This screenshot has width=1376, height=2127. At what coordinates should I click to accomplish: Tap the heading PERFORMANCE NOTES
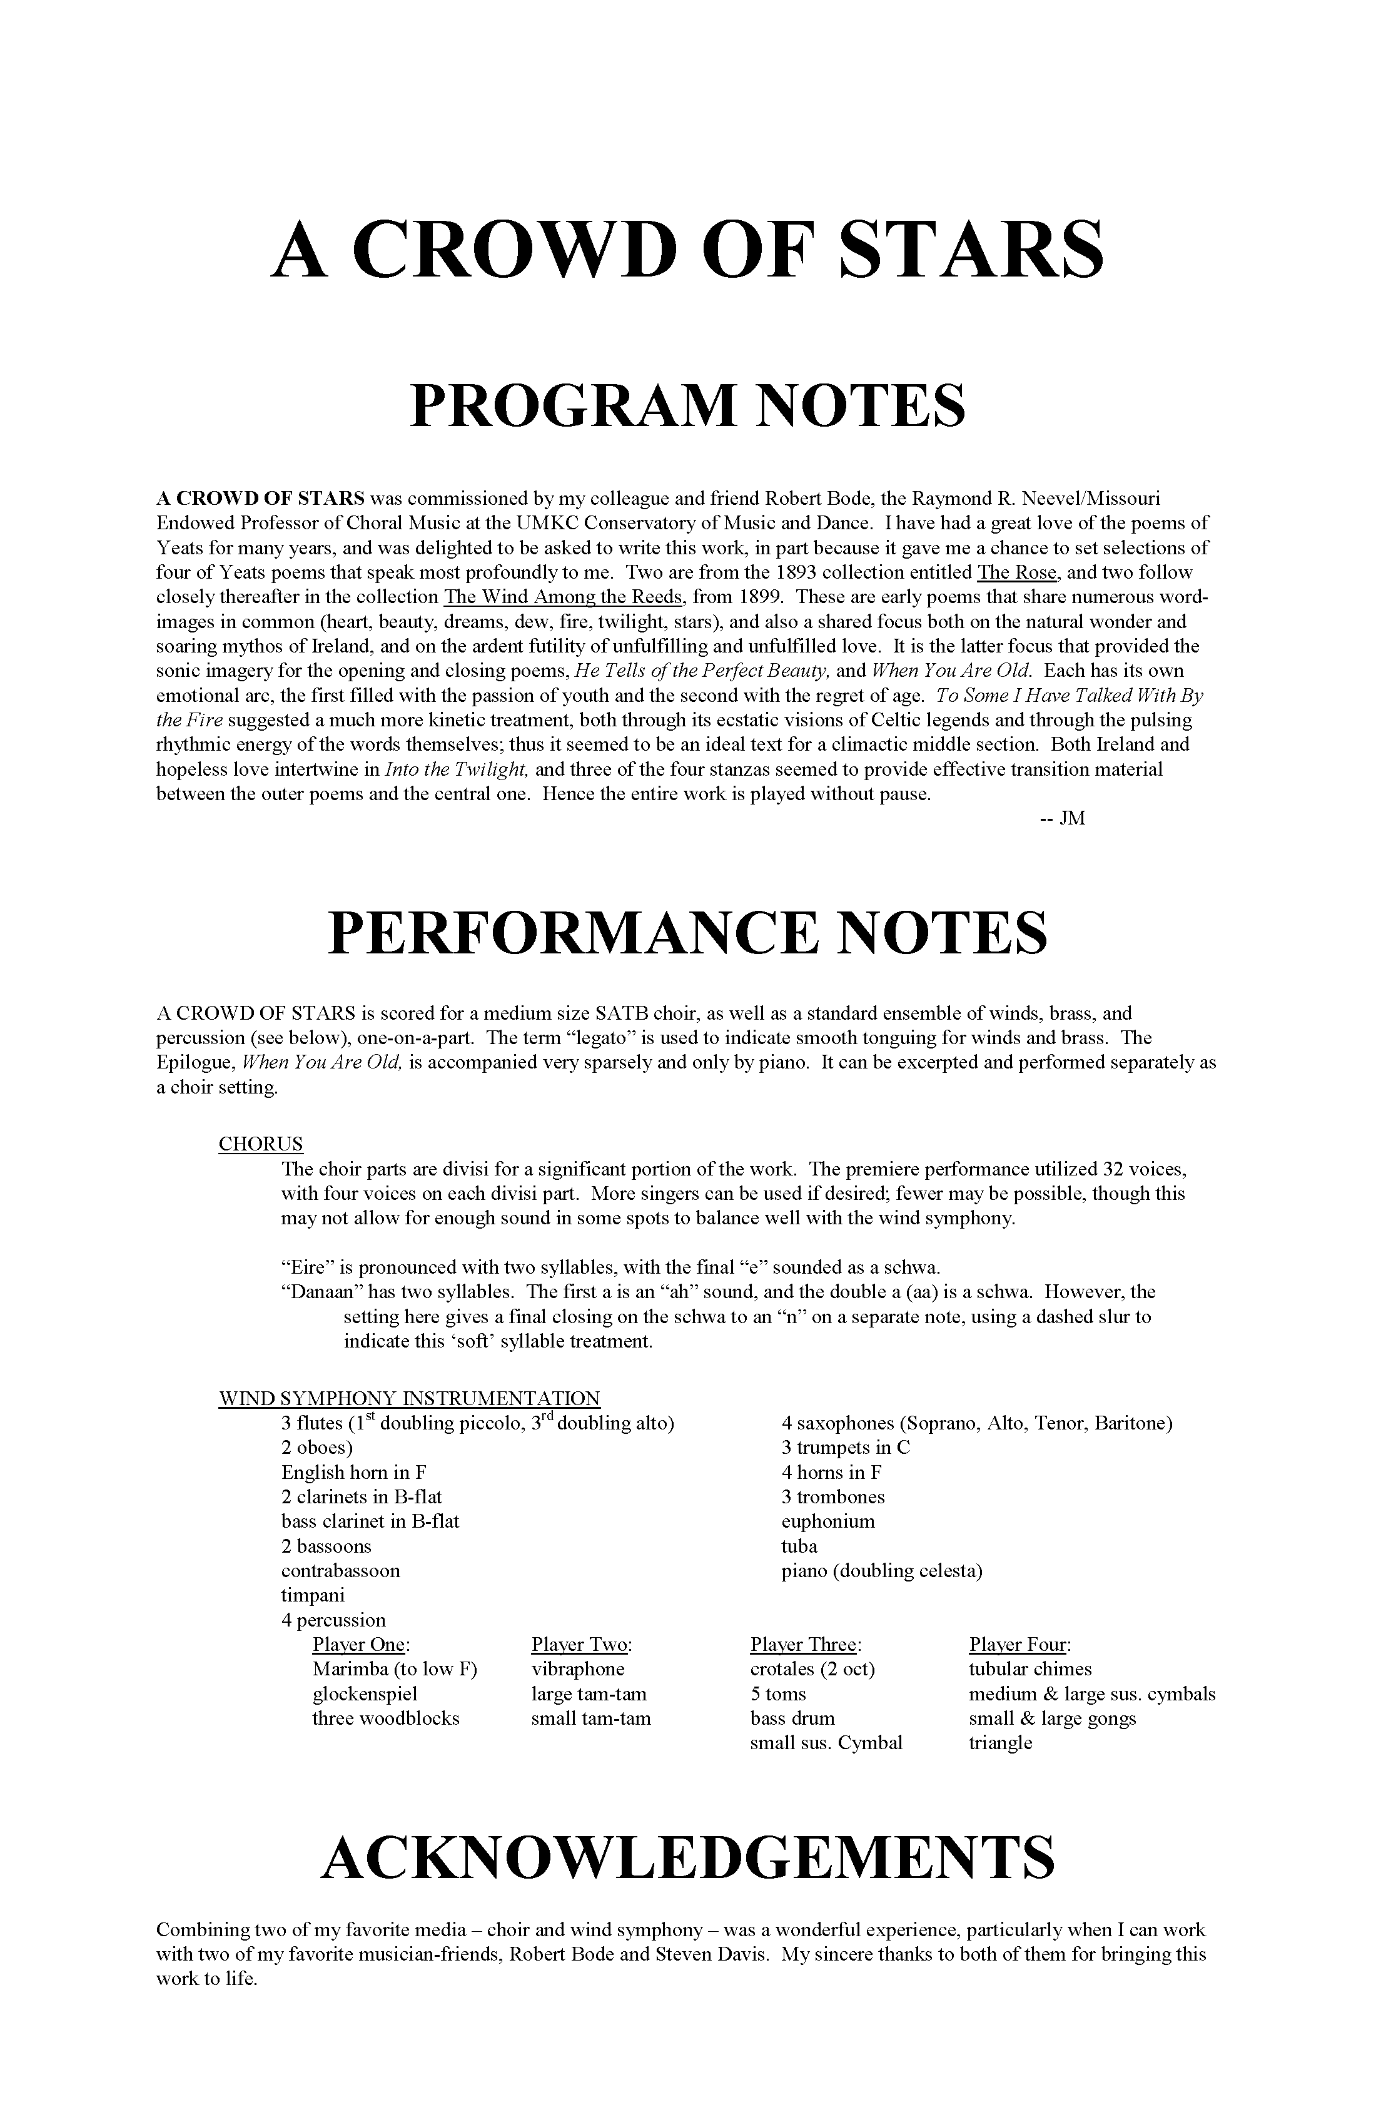[687, 933]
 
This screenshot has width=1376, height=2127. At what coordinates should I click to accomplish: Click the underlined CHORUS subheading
[261, 1144]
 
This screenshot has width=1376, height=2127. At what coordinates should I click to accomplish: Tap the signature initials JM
[1072, 819]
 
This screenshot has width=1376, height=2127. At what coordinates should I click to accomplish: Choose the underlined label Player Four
[1019, 1645]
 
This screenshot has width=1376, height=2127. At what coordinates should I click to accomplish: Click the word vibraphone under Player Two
[578, 1670]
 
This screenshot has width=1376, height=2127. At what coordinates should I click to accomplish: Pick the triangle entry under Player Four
[1000, 1743]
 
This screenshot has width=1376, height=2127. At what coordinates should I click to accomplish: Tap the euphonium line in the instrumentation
[827, 1521]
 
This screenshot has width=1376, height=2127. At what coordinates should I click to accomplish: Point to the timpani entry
[313, 1595]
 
